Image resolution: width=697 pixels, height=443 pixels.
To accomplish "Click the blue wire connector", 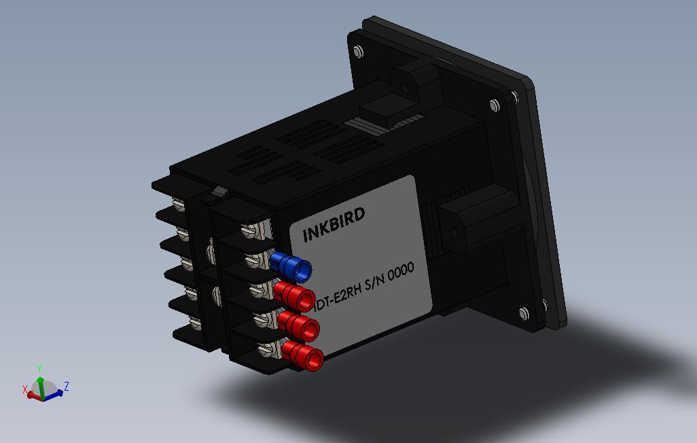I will [291, 266].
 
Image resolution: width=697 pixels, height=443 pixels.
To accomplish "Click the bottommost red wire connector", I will [304, 356].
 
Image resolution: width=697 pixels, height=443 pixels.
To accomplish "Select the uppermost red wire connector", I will [295, 295].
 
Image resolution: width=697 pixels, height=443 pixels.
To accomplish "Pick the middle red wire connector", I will [300, 326].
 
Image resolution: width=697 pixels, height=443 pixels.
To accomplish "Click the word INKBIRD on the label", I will [334, 225].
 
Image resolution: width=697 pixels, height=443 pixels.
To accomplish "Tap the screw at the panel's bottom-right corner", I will [523, 314].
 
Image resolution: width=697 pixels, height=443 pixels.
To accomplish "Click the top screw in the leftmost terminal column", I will [180, 203].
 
